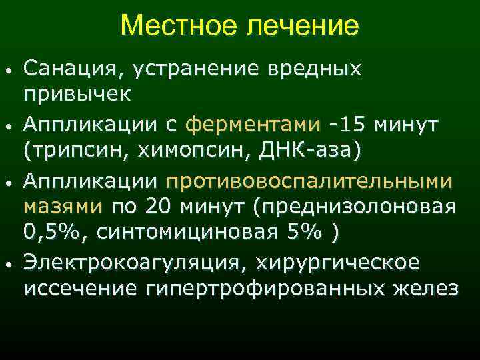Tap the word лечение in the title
pos(302,27)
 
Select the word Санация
pos(73,68)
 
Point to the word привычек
pos(77,95)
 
